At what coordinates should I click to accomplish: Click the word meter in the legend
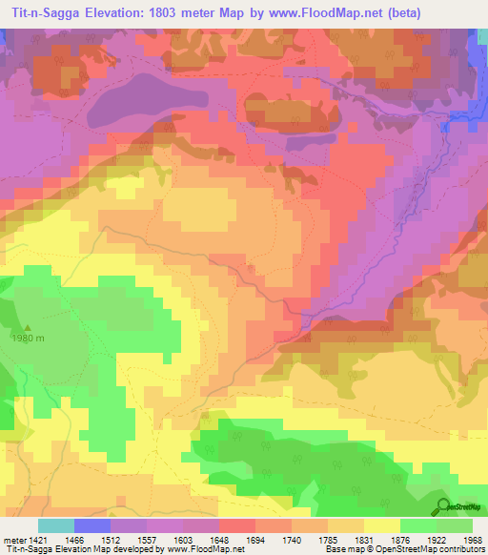tap(13, 539)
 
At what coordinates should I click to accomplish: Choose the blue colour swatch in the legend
tap(92, 525)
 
